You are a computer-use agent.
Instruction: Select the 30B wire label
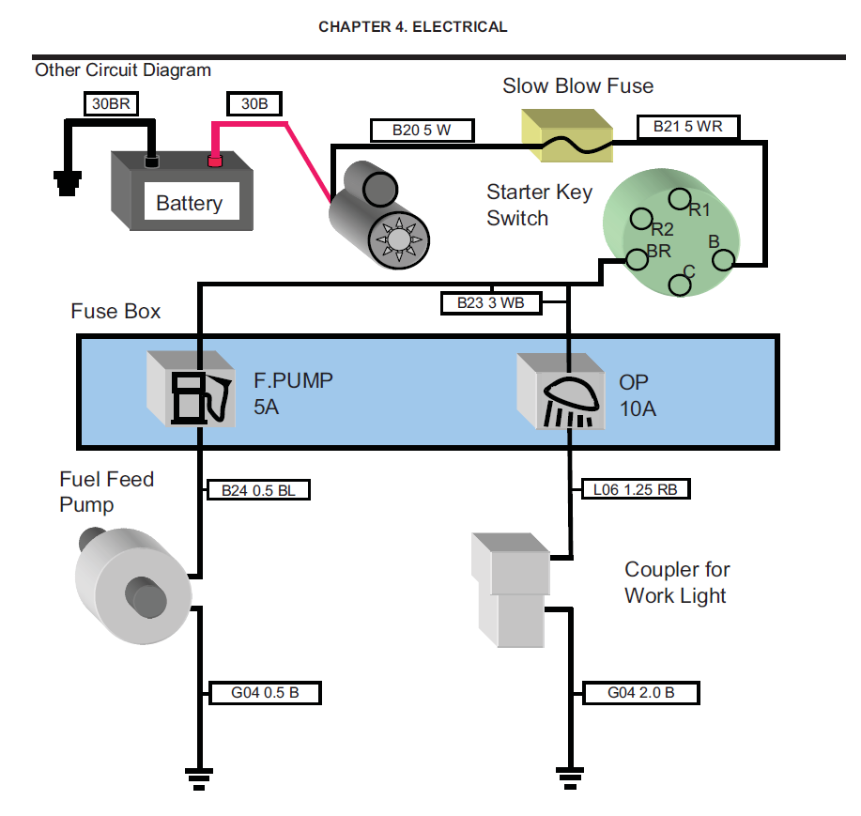pos(254,104)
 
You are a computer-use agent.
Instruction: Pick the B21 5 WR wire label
pos(689,126)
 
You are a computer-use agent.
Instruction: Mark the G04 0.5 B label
pos(264,693)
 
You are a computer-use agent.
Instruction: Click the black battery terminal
pos(151,162)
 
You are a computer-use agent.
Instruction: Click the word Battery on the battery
pos(189,203)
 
